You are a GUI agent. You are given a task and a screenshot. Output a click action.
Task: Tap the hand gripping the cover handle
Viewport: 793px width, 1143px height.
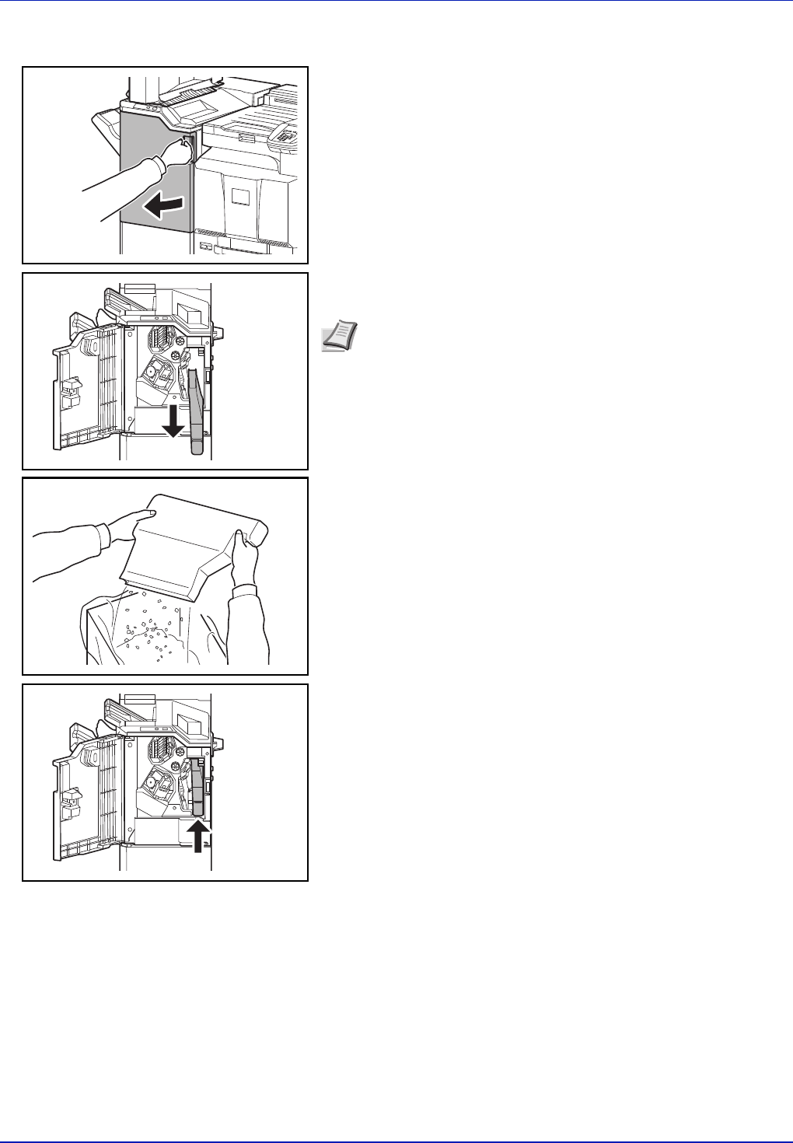tap(177, 152)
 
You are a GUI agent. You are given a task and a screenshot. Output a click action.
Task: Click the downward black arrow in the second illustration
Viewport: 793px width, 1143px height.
tap(173, 421)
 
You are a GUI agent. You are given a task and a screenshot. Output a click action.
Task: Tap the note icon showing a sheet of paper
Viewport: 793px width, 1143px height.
tap(336, 340)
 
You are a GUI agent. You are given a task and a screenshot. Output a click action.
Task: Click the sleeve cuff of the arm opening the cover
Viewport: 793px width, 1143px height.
tap(159, 167)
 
